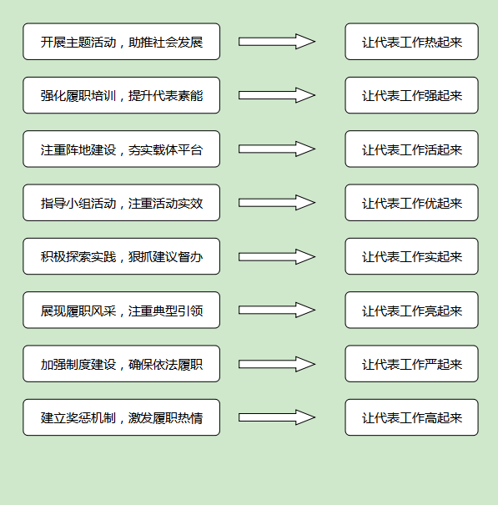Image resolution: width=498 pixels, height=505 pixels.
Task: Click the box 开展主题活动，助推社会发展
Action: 121,42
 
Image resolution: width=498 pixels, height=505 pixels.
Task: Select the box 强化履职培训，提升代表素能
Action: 121,95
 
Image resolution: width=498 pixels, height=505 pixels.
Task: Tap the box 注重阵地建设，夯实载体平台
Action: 121,149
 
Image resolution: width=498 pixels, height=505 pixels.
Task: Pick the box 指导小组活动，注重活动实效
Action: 121,203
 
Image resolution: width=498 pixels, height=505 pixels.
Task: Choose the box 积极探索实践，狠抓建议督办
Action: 121,256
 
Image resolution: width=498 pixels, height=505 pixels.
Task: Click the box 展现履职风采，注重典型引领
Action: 121,311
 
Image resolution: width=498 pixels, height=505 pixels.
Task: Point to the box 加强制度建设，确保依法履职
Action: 121,364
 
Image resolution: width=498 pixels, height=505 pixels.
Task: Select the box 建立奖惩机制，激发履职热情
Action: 121,417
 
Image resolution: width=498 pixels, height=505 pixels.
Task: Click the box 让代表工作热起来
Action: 412,42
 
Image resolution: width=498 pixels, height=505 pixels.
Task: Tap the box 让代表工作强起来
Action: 412,95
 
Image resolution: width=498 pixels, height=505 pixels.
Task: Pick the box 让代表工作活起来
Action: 412,149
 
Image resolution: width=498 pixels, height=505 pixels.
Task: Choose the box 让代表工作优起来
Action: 412,203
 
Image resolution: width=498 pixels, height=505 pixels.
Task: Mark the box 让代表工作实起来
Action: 412,256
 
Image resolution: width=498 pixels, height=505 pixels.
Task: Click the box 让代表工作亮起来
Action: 412,311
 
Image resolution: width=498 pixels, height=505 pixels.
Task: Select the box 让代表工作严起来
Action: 412,364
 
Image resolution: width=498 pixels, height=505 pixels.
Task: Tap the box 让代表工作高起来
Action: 412,417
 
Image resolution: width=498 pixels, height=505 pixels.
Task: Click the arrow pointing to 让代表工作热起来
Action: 277,42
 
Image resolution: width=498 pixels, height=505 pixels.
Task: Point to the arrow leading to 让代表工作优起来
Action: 277,203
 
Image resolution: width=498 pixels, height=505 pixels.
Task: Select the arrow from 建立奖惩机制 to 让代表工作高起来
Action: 277,417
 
